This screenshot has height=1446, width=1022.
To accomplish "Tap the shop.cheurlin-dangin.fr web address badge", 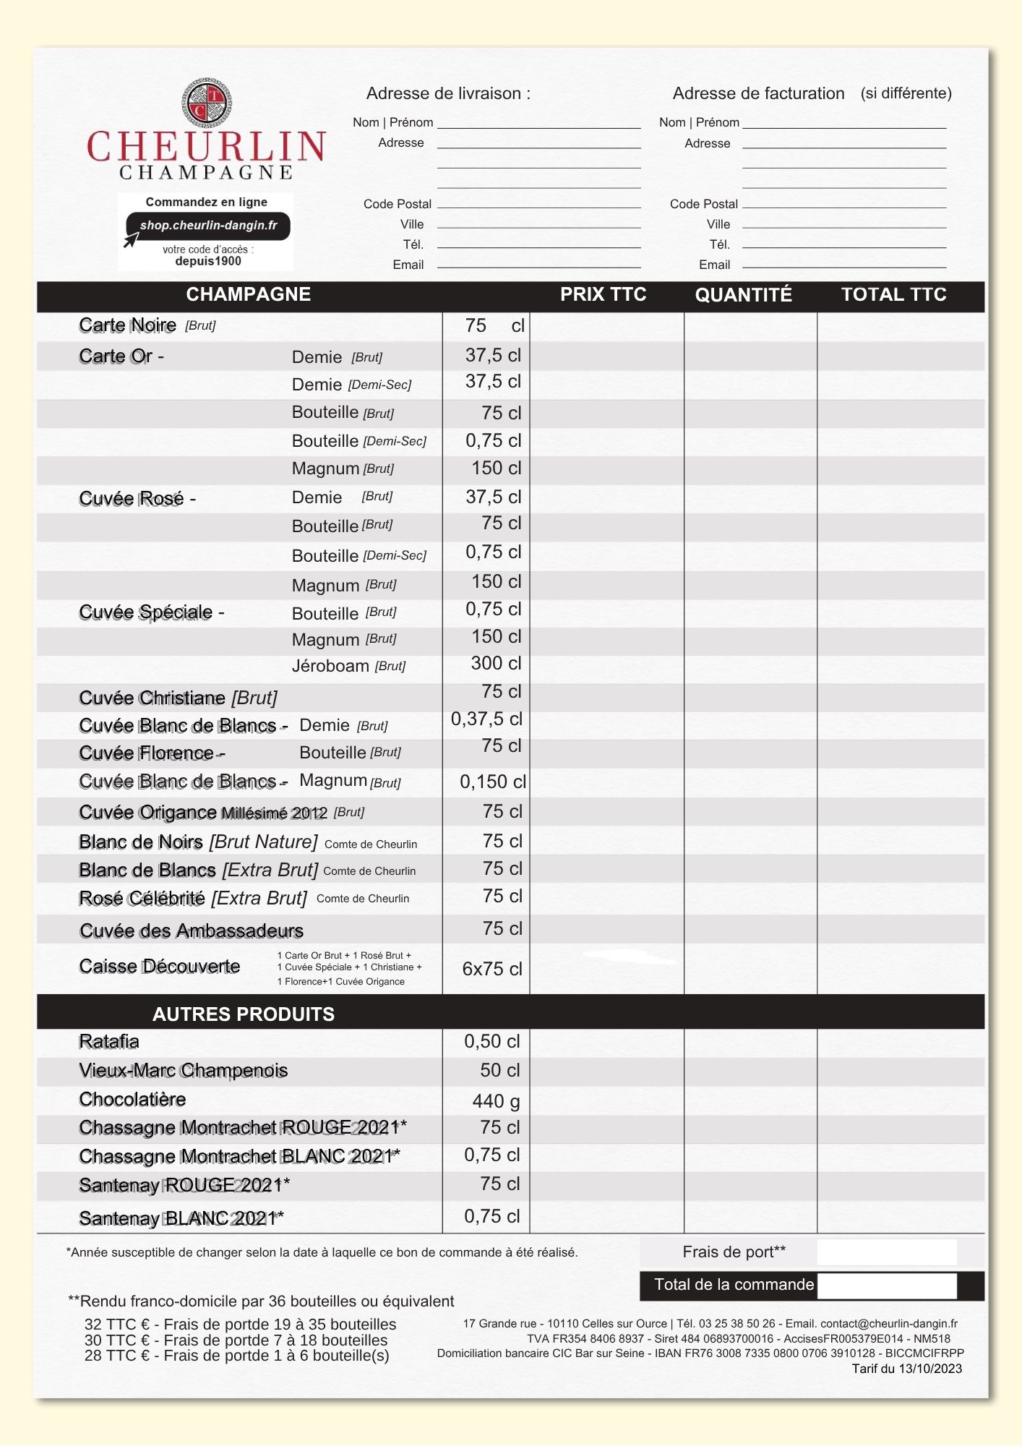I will (208, 226).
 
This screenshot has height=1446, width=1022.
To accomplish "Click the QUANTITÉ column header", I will (743, 295).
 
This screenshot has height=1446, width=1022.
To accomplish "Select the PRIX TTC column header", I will (603, 294).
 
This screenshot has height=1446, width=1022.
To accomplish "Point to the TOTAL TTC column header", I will (893, 294).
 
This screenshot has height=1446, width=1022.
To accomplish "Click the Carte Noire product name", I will (128, 325).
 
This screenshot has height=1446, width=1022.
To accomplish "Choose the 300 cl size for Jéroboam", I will (496, 664).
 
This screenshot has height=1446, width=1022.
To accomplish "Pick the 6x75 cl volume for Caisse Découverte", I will (491, 969).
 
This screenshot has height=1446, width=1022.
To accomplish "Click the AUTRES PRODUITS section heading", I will (244, 1014).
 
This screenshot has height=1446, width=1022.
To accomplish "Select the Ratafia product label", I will (109, 1042).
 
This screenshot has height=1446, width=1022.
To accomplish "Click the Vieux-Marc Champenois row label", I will (184, 1071).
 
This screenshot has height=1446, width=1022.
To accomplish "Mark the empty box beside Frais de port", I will (887, 1252).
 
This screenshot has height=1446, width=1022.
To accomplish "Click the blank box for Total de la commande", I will (887, 1285).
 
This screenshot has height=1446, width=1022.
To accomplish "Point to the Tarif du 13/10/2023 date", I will (906, 1369).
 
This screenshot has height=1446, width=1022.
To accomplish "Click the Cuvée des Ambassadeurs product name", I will (192, 931).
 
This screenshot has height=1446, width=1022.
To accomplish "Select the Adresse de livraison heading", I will (448, 93).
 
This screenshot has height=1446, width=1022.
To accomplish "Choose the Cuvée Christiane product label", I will (178, 698).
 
